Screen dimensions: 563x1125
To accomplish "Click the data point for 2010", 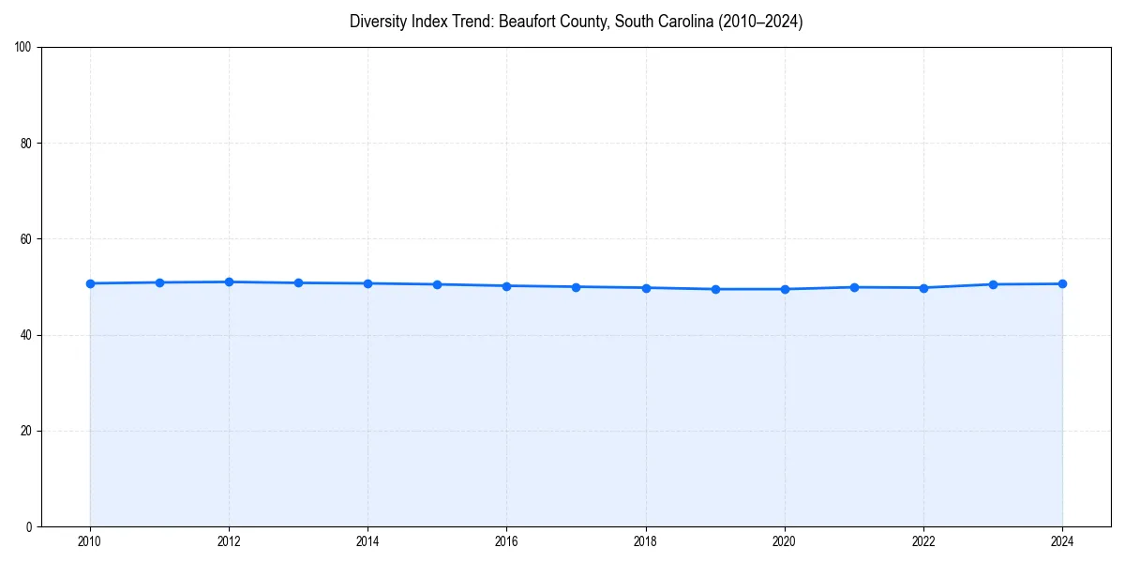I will coord(90,283).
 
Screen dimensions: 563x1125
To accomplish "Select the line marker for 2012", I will coord(229,281).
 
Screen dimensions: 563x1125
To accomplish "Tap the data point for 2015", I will coord(437,284).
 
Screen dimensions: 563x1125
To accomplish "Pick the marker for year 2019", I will coord(715,289).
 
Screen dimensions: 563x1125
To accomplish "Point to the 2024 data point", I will coord(1062,283).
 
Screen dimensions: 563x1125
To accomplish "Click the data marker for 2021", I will coord(854,287).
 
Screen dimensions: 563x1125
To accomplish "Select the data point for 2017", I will coord(576,287).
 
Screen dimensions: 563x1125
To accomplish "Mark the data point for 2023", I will coord(993,284).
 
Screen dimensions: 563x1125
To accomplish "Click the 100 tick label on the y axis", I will coord(23,47).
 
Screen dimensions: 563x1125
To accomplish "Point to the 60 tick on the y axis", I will coord(26,239).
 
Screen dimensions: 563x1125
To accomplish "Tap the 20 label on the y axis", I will coord(26,431).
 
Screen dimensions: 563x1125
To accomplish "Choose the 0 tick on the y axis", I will coord(29,526).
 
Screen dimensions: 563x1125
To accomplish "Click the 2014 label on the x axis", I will coord(367,541).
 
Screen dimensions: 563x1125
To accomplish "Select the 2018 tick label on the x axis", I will coord(645,541).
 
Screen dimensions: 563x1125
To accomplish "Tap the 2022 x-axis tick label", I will coord(923,541).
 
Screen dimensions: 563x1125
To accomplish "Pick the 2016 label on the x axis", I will coord(506,541).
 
